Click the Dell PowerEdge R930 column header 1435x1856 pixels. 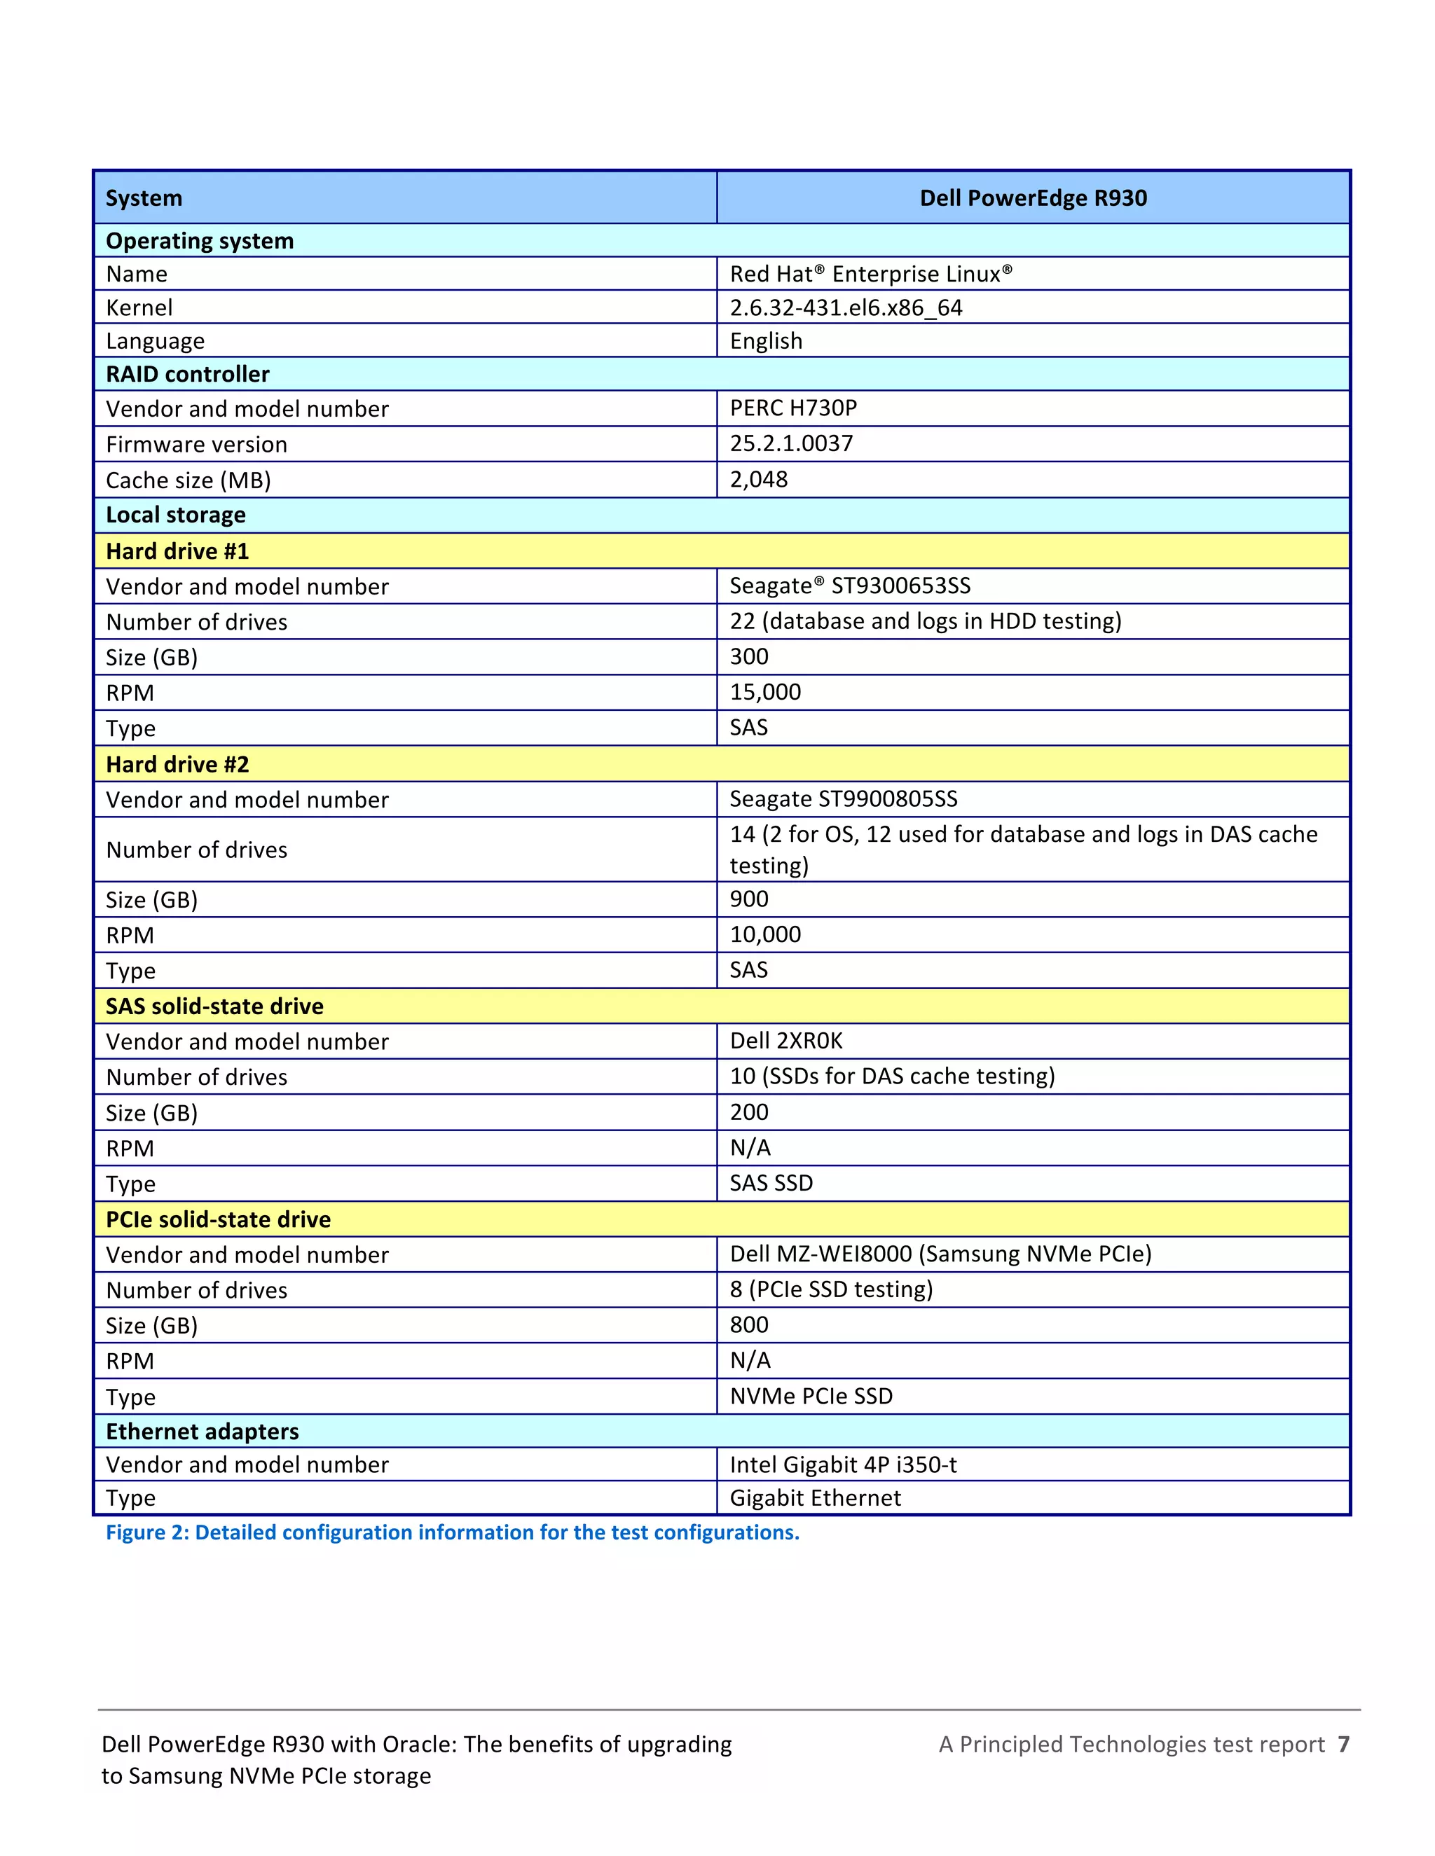[x=1033, y=198]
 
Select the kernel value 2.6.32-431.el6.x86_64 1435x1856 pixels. [x=846, y=307]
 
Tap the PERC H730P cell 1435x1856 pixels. [x=793, y=408]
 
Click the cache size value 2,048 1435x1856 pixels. [x=758, y=479]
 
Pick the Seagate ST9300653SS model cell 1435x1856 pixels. [x=850, y=586]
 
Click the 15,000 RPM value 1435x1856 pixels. [x=765, y=692]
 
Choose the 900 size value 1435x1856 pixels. [x=749, y=899]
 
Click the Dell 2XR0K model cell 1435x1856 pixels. [x=786, y=1041]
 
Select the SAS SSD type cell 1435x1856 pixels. [x=771, y=1183]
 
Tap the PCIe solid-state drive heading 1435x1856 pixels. [x=218, y=1219]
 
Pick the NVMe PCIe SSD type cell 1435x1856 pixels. [x=811, y=1397]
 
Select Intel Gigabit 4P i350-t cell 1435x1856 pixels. [x=844, y=1465]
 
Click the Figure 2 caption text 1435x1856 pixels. [x=452, y=1532]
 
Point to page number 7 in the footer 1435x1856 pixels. [x=1343, y=1744]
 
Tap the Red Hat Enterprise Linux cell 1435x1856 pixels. [x=870, y=274]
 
